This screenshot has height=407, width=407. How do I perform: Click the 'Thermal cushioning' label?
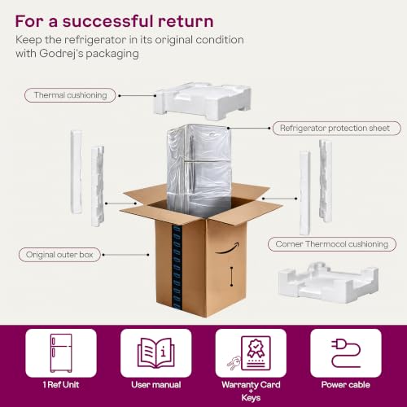[70, 95]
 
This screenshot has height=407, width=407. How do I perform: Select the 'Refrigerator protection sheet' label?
[336, 128]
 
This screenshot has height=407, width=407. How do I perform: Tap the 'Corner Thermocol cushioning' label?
[332, 244]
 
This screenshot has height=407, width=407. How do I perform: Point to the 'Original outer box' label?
[59, 255]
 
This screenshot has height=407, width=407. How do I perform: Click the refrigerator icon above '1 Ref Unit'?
[61, 353]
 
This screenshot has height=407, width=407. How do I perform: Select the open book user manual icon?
[156, 352]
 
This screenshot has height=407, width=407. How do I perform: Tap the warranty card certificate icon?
[256, 352]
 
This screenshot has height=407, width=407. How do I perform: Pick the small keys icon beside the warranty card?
[234, 363]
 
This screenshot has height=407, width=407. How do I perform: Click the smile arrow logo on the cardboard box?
[228, 248]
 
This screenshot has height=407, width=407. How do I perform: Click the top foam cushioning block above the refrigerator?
[202, 101]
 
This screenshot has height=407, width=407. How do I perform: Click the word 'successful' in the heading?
[108, 21]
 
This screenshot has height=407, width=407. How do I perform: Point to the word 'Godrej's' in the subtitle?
[61, 54]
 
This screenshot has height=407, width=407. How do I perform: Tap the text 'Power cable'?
[346, 384]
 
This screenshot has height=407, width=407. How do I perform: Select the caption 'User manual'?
[156, 384]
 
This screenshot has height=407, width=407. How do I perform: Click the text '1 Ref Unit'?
[61, 384]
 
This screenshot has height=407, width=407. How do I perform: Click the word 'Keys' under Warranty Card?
[251, 398]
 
